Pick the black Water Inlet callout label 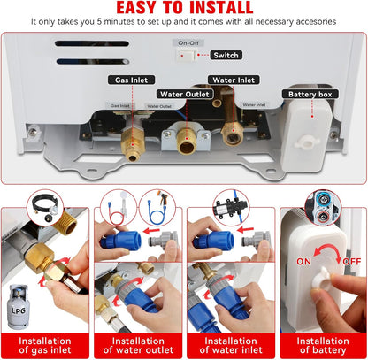[234, 80]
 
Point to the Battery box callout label [310, 93]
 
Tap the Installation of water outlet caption [137, 340]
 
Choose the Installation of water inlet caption [229, 340]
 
